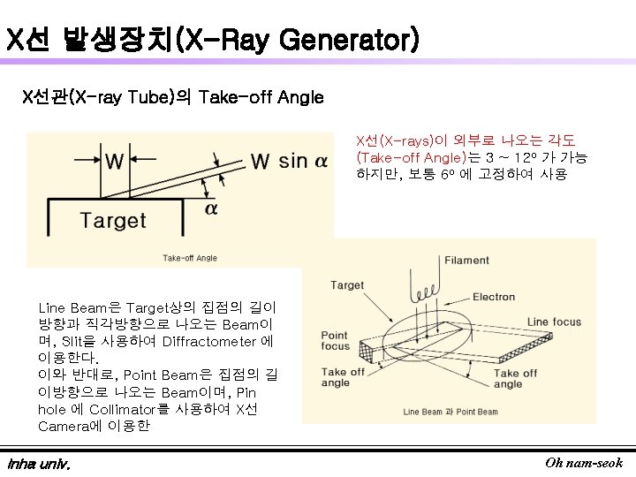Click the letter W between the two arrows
[x=115, y=162]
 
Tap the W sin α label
[x=288, y=161]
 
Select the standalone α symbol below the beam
[x=210, y=208]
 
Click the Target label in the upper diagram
[x=112, y=220]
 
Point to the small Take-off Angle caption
[x=189, y=258]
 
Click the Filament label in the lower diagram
[x=466, y=261]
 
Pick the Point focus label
[x=335, y=341]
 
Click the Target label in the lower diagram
[x=347, y=285]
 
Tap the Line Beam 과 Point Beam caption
[x=450, y=413]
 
